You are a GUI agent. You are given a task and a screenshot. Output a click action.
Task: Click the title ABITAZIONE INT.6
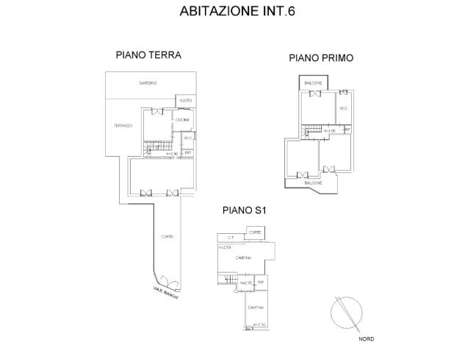click(237, 12)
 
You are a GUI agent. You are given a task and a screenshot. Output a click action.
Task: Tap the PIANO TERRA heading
click(148, 54)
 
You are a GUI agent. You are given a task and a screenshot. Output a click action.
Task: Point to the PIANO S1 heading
click(243, 210)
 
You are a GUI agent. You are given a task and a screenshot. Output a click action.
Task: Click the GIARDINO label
click(150, 82)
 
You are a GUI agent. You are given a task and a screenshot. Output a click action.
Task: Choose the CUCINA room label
click(182, 119)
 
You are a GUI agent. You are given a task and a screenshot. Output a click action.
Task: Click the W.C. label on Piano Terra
click(188, 138)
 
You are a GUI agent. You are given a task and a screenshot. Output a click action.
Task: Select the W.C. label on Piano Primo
click(343, 108)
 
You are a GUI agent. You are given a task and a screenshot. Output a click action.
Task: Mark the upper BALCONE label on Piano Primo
click(314, 83)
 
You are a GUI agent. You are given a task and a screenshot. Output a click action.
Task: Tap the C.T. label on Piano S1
click(230, 237)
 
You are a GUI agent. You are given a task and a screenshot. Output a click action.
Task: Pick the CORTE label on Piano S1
click(255, 233)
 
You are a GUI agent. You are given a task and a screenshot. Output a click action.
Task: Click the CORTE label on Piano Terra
click(167, 236)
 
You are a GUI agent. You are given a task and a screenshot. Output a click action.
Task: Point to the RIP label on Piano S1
click(260, 282)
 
